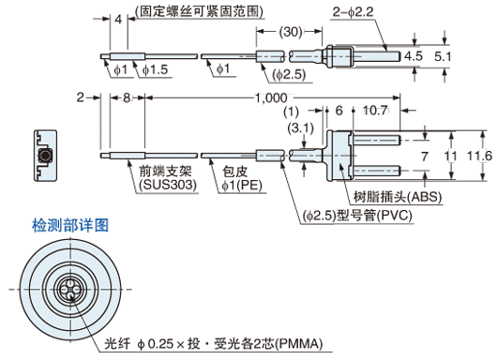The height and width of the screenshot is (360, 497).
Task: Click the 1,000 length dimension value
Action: [272, 97]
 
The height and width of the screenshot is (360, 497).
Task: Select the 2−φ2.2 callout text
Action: [354, 11]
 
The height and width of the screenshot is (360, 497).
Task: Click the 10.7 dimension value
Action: [374, 110]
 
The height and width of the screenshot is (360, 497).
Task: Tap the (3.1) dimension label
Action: [302, 127]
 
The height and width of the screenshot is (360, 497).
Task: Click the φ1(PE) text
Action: [241, 186]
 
